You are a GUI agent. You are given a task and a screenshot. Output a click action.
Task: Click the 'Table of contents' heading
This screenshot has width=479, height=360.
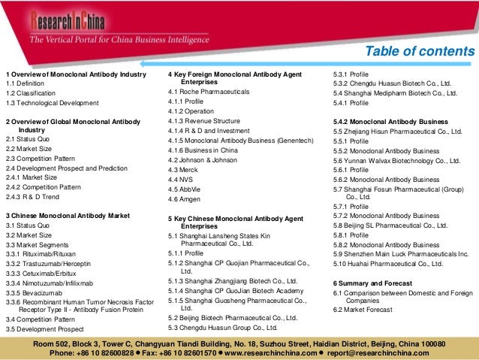click(420, 51)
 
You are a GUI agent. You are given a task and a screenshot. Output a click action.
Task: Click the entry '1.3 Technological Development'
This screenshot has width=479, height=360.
click(52, 102)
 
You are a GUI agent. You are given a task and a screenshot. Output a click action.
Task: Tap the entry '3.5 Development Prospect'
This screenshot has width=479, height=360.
click(44, 328)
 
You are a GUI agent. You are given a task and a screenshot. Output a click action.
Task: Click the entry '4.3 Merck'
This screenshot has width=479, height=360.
click(185, 169)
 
